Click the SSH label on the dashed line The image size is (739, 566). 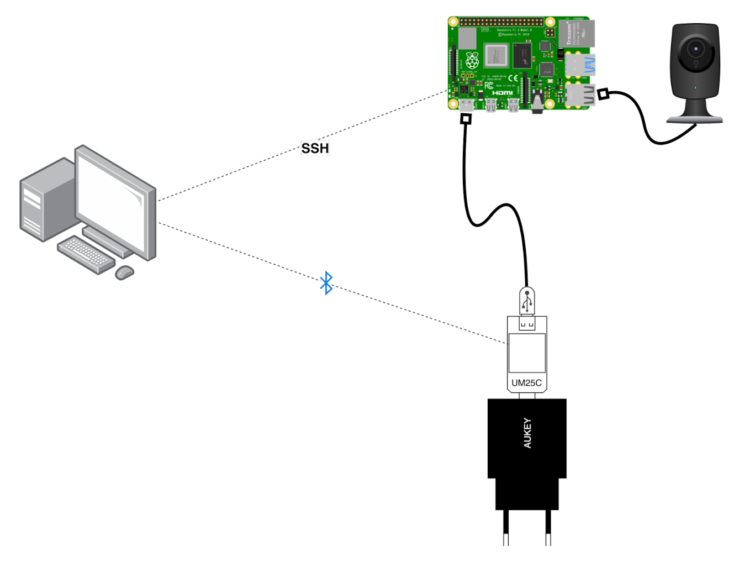pos(315,148)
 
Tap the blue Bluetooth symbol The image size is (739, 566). pos(326,282)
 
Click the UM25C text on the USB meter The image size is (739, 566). pos(526,382)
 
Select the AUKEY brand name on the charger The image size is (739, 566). pos(527,433)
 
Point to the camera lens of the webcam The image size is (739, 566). pos(695,49)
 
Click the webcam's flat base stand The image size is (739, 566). pos(694,118)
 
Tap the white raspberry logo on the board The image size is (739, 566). pos(472,60)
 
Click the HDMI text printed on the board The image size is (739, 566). pos(502,93)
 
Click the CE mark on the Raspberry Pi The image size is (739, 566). pos(513,78)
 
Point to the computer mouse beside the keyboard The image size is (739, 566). pos(125,272)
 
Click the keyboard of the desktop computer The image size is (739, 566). pos(86,255)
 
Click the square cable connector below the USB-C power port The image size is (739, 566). pos(466,119)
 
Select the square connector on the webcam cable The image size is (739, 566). pos(603,95)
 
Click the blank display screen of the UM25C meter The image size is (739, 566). pos(527,353)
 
